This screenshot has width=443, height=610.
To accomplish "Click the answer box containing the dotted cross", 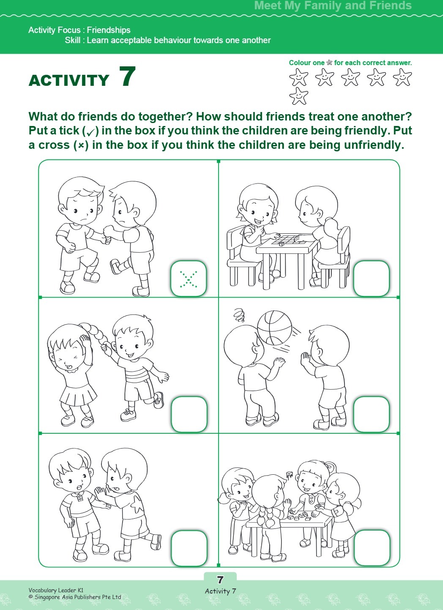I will pyautogui.click(x=189, y=279).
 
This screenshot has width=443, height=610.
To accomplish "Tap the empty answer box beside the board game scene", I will pyautogui.click(x=371, y=278).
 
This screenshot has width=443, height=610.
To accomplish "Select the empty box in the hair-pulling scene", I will pyautogui.click(x=189, y=414).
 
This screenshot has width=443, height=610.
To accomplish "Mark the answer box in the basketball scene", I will pyautogui.click(x=371, y=414).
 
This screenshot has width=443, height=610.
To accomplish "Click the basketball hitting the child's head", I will pyautogui.click(x=274, y=328).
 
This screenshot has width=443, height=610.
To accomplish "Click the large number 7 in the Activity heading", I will pyautogui.click(x=127, y=77).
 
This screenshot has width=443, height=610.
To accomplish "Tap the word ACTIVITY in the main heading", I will pyautogui.click(x=69, y=80).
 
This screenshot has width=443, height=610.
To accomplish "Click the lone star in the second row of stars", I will pyautogui.click(x=298, y=96).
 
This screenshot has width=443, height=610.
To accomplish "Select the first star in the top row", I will pyautogui.click(x=298, y=78).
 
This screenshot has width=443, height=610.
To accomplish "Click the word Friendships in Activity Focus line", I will pyautogui.click(x=109, y=30).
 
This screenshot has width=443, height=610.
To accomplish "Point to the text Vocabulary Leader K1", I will pyautogui.click(x=56, y=590).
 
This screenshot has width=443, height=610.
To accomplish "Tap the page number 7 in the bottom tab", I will pyautogui.click(x=220, y=580).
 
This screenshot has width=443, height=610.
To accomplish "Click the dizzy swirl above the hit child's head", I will pyautogui.click(x=239, y=315).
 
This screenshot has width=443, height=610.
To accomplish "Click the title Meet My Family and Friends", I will pyautogui.click(x=333, y=5).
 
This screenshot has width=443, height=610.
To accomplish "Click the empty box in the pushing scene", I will pyautogui.click(x=189, y=548).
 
